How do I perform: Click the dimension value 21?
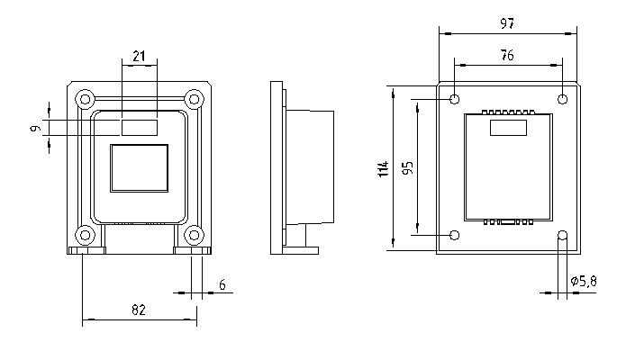(x=139, y=57)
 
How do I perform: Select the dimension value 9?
(x=35, y=129)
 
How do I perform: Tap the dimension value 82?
(x=139, y=310)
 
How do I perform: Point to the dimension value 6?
(x=222, y=285)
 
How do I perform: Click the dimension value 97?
(x=507, y=23)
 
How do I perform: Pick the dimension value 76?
(x=507, y=55)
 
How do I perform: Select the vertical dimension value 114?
(x=384, y=169)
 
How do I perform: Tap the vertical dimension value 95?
(x=408, y=168)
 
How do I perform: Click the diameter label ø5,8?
(x=584, y=282)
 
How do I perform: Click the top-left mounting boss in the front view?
(x=85, y=99)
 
